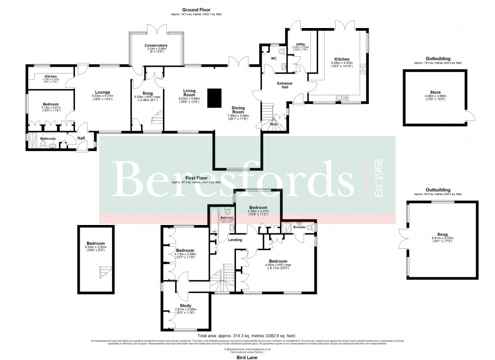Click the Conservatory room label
[156, 46]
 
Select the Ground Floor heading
[195, 10]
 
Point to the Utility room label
[300, 44]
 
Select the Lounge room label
[102, 92]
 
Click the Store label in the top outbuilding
[435, 92]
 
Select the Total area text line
[247, 335]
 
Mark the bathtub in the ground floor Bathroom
[34, 141]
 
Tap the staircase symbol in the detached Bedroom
[102, 272]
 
